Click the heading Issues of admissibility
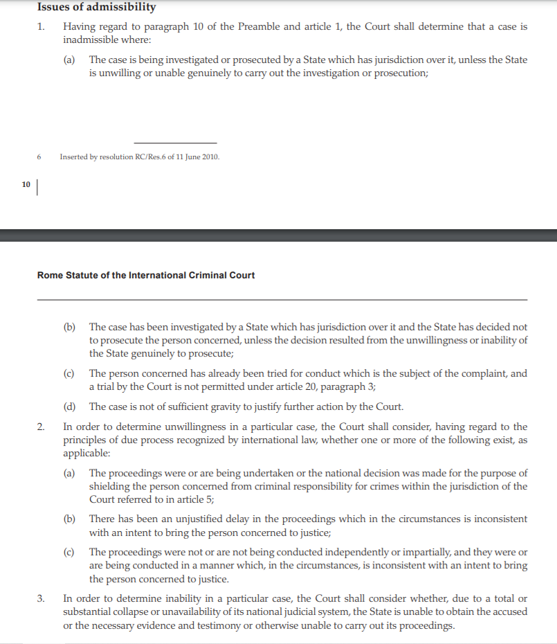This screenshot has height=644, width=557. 96,7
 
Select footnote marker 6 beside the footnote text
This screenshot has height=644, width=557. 39,157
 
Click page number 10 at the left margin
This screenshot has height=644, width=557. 26,184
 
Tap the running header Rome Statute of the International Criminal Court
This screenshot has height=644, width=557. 145,275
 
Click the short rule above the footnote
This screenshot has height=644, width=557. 175,143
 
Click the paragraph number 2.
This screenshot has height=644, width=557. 41,427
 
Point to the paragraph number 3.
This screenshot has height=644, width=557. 41,598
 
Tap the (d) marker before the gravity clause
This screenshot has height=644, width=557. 69,406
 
